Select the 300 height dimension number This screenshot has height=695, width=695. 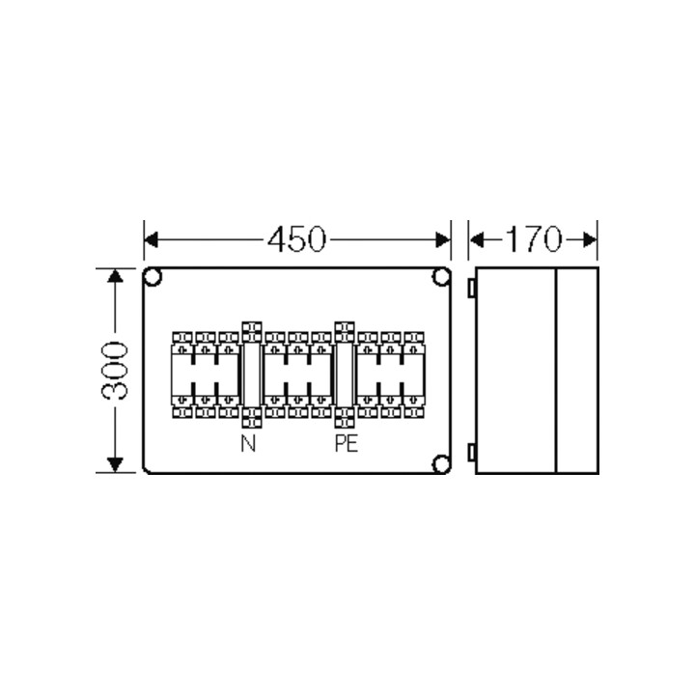tap(115, 371)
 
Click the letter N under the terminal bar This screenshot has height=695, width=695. tap(248, 445)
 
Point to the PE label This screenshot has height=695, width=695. tap(345, 445)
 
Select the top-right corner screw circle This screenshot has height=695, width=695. tap(440, 280)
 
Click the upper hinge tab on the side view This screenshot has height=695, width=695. tap(471, 288)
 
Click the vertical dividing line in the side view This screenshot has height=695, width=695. tap(558, 371)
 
